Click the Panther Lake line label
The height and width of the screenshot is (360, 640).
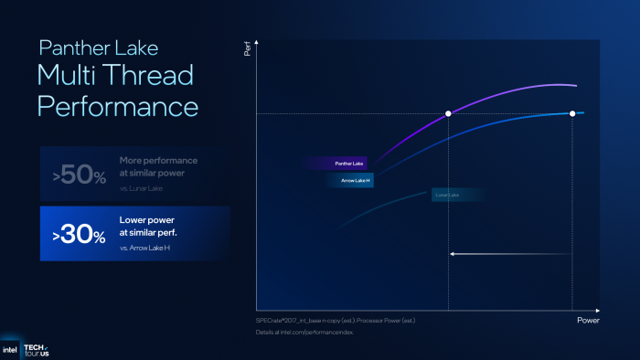coord(349,164)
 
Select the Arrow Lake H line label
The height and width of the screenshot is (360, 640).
coord(349,180)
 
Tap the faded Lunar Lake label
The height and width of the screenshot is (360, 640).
coord(447,195)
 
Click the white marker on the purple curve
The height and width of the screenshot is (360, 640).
coord(448,113)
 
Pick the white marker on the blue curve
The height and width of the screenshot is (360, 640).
coord(572,113)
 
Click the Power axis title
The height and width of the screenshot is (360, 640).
coord(588,321)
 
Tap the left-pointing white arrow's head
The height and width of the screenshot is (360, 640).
coord(452,254)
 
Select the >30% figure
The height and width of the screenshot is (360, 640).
coord(80,235)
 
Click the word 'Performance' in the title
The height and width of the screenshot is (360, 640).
coord(117,106)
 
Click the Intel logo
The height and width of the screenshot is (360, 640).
coord(11,349)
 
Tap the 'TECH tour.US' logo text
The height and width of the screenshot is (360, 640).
coord(36,349)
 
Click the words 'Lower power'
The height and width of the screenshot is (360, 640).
coord(146,220)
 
